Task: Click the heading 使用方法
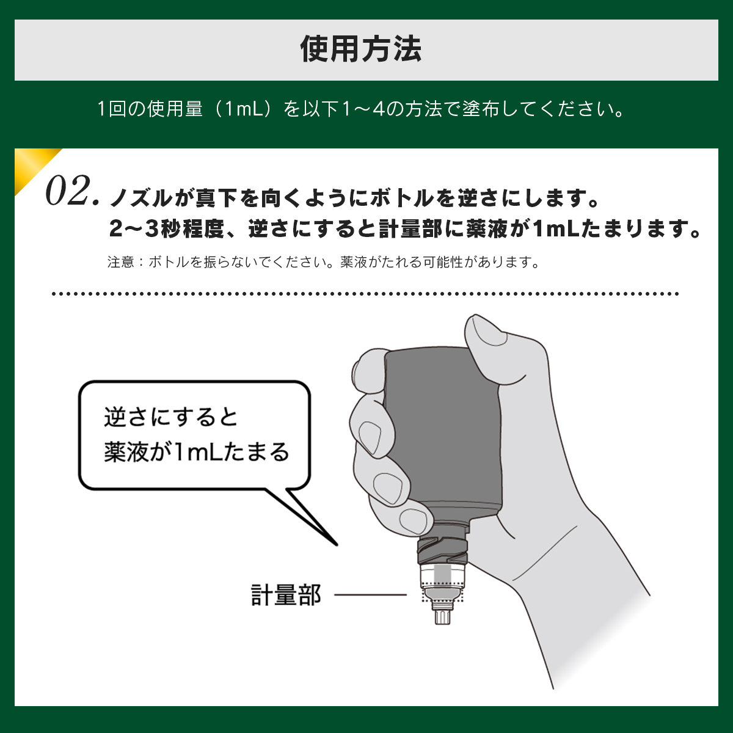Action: pos(360,49)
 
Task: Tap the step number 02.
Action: pos(72,191)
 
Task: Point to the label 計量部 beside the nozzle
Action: pos(286,595)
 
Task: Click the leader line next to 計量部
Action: pos(370,594)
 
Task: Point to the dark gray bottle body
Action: pos(441,430)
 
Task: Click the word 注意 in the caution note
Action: pos(120,262)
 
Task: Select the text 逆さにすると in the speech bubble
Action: pos(171,418)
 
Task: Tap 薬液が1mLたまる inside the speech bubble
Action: pos(197,452)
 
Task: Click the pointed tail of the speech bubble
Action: pos(336,544)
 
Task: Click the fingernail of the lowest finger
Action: pos(413,520)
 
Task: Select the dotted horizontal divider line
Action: pos(365,294)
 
